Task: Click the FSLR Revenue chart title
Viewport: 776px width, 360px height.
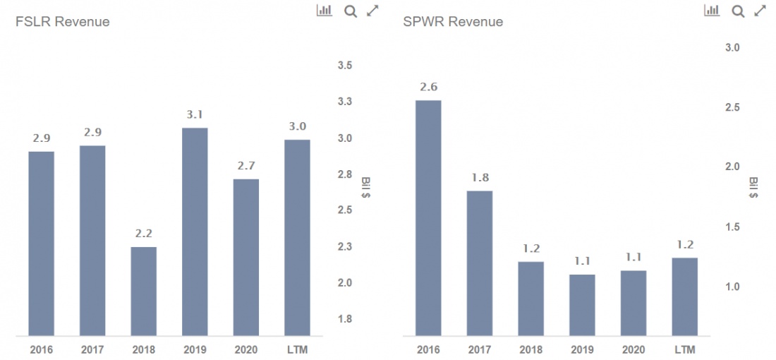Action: click(63, 22)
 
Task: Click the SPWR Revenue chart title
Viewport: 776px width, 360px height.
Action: click(453, 22)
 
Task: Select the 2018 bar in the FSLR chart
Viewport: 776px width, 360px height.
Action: click(143, 291)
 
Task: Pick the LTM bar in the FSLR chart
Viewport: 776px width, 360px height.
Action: click(297, 238)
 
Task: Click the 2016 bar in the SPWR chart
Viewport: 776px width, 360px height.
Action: click(428, 218)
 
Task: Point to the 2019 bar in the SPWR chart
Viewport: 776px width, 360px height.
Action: click(582, 305)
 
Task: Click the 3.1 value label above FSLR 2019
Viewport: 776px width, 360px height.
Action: click(195, 114)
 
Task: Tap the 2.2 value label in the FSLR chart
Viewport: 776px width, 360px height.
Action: click(143, 234)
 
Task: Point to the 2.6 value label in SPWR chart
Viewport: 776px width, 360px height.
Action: click(428, 87)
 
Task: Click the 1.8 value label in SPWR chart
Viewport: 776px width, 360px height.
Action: click(480, 178)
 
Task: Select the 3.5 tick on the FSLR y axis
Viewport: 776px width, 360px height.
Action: click(344, 66)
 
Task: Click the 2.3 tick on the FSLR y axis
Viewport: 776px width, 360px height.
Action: click(344, 246)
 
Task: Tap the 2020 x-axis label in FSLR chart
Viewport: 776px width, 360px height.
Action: click(245, 349)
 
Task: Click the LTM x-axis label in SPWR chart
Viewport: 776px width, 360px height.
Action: click(684, 349)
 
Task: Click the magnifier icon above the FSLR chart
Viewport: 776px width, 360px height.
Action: click(351, 11)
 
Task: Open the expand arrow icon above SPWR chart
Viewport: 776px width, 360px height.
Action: click(760, 11)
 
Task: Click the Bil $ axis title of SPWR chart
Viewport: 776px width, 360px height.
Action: click(753, 188)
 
